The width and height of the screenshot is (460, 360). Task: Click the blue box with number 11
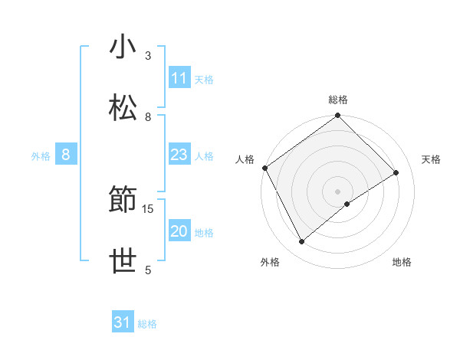pos(179,78)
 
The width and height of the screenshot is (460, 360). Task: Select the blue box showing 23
pos(179,155)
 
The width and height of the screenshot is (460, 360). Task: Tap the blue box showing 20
pos(179,232)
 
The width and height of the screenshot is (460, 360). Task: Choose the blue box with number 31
pos(123,322)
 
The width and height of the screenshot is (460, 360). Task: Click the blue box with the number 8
pos(66,155)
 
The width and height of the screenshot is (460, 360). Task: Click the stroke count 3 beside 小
pos(148,55)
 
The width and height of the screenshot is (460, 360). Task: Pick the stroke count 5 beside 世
pos(148,270)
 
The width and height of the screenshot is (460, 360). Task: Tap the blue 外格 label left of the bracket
pos(41,156)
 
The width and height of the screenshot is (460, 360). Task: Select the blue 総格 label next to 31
pos(147,324)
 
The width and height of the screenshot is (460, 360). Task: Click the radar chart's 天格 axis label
pos(432,159)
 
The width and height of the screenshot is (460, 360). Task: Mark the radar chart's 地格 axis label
pos(402,263)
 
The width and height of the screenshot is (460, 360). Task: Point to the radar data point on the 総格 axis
pos(337,116)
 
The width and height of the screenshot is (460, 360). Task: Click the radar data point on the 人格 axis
pos(264,168)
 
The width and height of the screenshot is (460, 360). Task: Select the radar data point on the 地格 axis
pos(347,204)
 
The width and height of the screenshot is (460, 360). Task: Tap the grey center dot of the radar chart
pos(337,191)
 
